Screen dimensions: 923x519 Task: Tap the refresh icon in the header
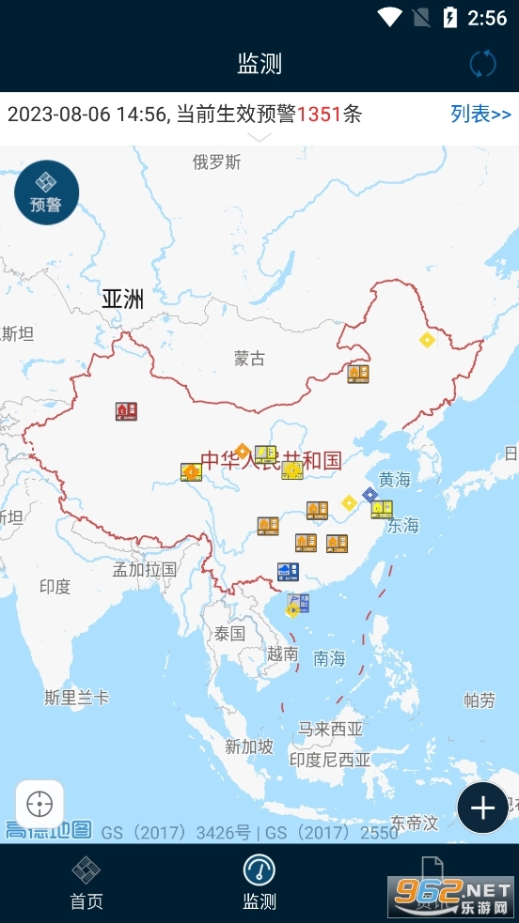(482, 64)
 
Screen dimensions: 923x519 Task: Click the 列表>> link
(480, 115)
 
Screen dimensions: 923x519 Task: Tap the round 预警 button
(46, 192)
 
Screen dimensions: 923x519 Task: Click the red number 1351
(319, 115)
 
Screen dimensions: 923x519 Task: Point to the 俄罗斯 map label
(216, 162)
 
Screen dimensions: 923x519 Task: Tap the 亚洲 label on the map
(123, 300)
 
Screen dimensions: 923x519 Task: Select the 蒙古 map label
(250, 358)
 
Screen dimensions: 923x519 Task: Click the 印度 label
(55, 587)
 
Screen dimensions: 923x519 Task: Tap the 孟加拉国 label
(145, 569)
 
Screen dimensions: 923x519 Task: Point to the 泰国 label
(229, 633)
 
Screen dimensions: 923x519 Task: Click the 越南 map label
(283, 654)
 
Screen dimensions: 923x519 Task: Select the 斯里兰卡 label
(77, 698)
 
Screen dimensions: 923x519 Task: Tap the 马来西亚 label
(330, 729)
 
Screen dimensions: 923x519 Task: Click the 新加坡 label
(249, 746)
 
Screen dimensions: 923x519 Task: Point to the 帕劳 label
(480, 700)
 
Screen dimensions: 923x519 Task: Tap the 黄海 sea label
(395, 480)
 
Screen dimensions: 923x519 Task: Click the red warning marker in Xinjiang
(126, 411)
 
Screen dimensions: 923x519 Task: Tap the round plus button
(482, 808)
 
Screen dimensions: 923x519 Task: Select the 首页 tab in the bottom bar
(86, 883)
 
